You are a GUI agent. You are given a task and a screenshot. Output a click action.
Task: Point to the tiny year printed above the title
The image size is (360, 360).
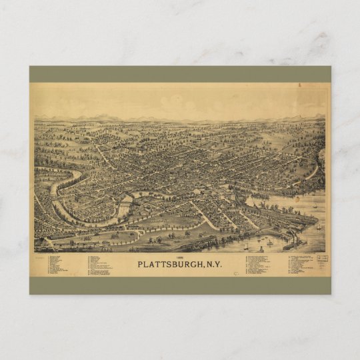(x=179, y=256)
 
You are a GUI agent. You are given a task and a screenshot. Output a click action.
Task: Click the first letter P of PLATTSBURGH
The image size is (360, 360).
(x=141, y=263)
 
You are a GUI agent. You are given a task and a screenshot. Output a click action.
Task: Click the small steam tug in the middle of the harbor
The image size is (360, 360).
(x=269, y=242)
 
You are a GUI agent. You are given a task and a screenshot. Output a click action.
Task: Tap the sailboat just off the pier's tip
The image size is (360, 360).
(x=317, y=227)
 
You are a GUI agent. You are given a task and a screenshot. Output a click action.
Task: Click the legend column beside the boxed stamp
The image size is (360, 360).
(x=298, y=264)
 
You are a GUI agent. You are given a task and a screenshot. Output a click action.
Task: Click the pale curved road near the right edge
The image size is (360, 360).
(x=312, y=172)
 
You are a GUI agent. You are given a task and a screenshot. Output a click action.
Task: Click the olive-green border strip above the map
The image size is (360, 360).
(x=180, y=73)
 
